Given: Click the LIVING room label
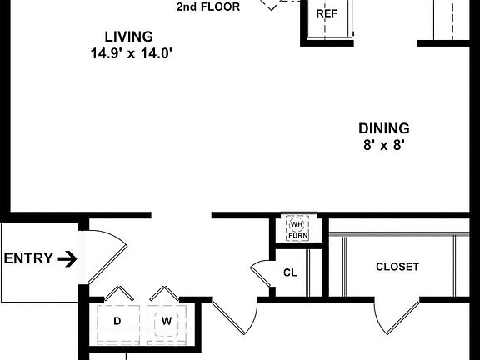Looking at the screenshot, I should (x=128, y=37).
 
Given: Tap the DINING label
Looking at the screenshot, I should (x=383, y=128).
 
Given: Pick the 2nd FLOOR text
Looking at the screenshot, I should (x=208, y=7).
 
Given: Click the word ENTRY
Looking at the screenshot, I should (x=29, y=258).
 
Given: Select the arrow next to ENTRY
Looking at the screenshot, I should (x=67, y=258).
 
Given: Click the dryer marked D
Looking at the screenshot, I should (x=117, y=322).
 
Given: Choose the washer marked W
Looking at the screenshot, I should (x=166, y=322).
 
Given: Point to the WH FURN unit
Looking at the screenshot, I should (x=297, y=229).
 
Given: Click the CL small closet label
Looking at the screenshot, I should (x=290, y=272).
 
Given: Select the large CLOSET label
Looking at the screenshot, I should (x=397, y=267).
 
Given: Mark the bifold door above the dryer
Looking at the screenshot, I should (x=117, y=294).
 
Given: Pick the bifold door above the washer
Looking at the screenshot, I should (x=163, y=294).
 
